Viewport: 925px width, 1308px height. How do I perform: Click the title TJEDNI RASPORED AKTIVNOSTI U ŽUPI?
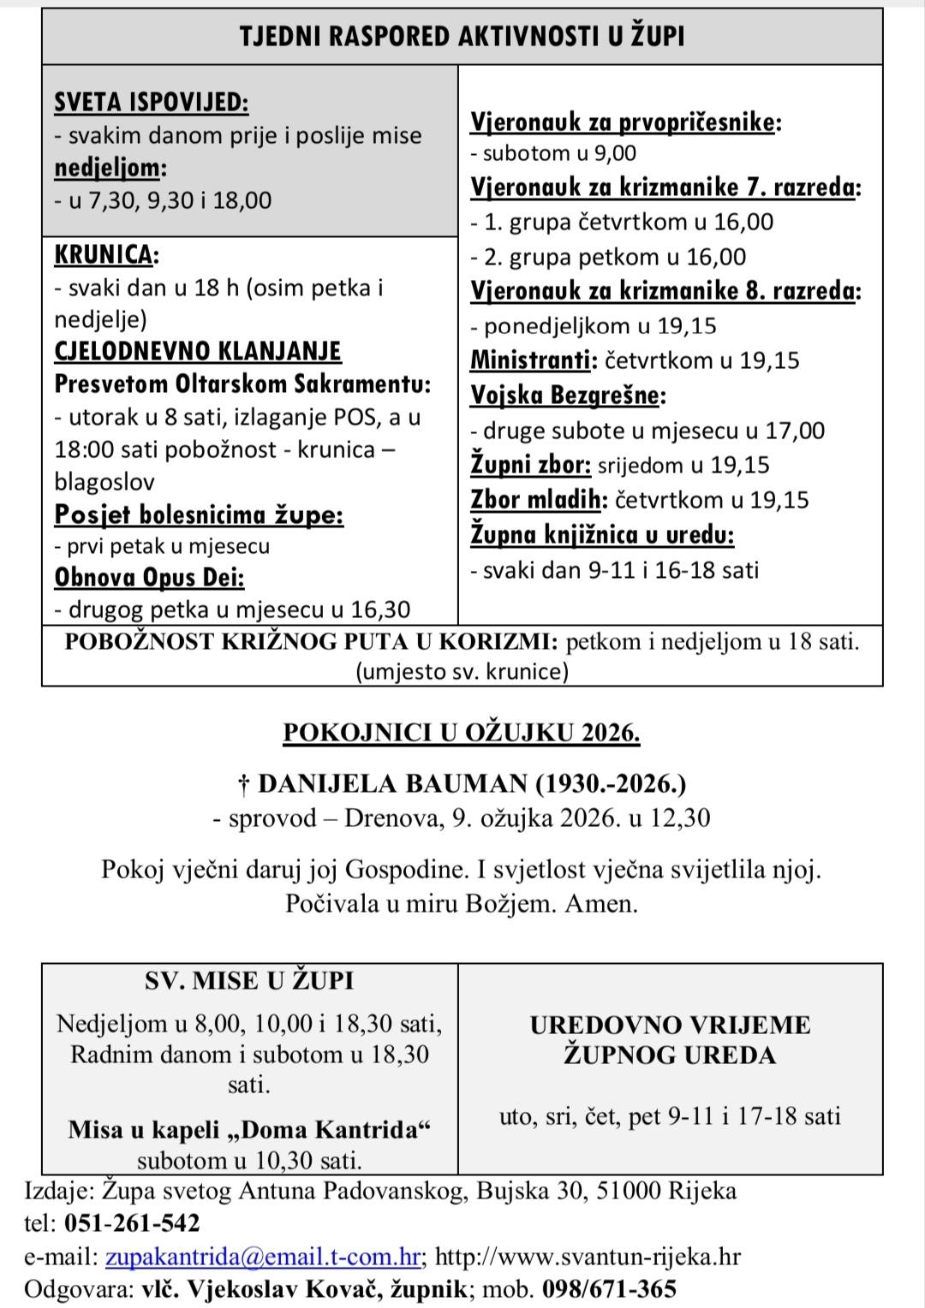462,37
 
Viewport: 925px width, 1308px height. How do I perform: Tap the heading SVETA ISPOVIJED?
151,103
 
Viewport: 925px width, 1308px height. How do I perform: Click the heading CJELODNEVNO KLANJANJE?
197,352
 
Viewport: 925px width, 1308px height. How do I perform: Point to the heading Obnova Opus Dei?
149,578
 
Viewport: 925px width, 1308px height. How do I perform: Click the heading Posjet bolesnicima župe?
199,515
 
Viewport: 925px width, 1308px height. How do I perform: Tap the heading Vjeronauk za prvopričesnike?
624,122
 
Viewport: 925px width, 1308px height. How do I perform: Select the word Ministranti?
531,360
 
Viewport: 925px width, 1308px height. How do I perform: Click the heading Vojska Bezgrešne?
566,395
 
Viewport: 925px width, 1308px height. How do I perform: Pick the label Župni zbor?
530,465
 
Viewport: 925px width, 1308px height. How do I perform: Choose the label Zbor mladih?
539,500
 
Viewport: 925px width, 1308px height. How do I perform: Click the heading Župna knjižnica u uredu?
602,535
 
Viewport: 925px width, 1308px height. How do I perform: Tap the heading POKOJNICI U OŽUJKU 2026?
462,733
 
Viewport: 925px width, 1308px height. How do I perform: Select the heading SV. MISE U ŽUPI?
249,981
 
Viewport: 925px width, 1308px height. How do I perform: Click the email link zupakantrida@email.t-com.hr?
262,1257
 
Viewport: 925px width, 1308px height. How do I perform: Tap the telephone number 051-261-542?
132,1223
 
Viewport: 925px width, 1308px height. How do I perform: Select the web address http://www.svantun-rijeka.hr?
588,1257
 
